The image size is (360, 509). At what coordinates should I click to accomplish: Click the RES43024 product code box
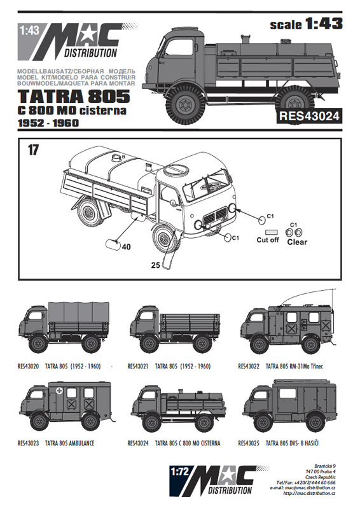tap(308, 116)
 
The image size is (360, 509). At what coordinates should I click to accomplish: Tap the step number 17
tap(33, 150)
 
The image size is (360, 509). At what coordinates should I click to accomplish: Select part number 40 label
tap(126, 247)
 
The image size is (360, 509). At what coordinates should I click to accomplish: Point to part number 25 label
tap(155, 265)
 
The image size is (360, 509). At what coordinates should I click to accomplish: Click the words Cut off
tap(268, 240)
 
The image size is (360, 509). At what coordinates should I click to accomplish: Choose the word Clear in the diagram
tap(296, 242)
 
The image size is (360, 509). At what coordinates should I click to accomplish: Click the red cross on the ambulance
tap(60, 391)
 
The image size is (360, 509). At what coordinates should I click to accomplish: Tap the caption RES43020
tap(28, 366)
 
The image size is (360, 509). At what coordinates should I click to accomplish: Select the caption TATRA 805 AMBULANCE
tap(69, 443)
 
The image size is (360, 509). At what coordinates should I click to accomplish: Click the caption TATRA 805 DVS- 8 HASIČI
tap(292, 443)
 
